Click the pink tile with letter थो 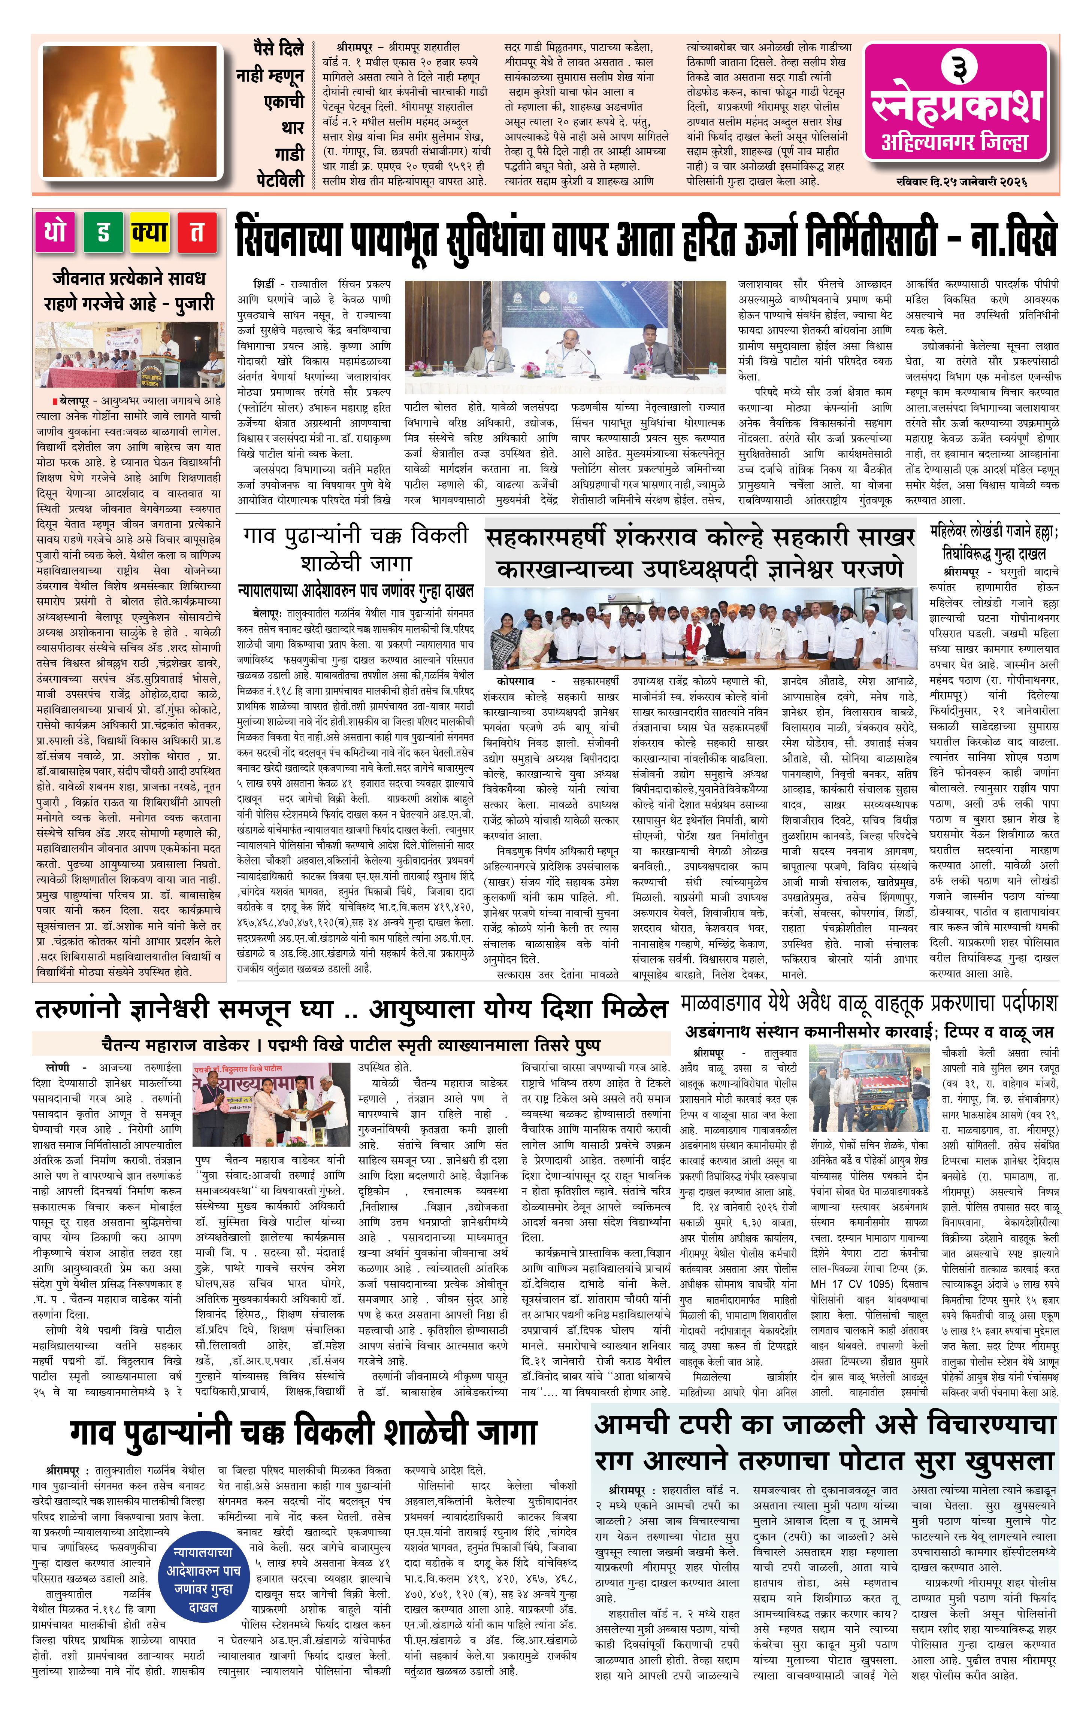click(x=56, y=233)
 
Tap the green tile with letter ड click(x=103, y=233)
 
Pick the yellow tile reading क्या click(x=150, y=233)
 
